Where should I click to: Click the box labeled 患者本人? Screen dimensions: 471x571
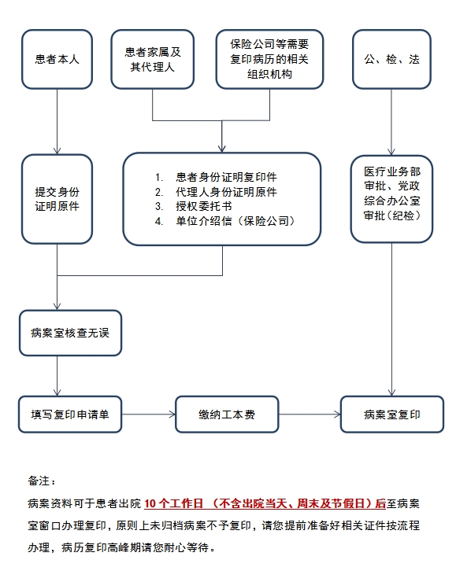tap(57, 59)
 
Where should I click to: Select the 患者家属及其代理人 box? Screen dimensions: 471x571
tap(152, 59)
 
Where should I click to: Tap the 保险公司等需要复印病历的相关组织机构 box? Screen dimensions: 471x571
tap(270, 59)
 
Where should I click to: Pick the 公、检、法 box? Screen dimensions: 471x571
tap(391, 59)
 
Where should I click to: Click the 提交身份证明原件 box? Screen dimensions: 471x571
tap(57, 199)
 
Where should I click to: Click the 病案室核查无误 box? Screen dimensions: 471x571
tap(70, 333)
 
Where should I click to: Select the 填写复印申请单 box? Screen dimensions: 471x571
tap(70, 414)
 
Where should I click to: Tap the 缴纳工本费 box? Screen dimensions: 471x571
tap(227, 414)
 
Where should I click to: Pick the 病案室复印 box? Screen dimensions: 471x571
tap(392, 414)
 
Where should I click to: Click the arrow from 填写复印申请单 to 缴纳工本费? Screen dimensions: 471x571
tap(148, 414)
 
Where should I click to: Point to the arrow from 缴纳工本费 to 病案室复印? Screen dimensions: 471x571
tap(310, 414)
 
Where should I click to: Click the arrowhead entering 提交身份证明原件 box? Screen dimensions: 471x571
tap(57, 151)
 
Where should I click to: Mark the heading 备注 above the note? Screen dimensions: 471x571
tap(42, 481)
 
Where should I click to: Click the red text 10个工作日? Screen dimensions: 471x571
tap(173, 503)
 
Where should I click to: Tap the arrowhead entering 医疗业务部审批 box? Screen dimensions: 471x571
tap(391, 152)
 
